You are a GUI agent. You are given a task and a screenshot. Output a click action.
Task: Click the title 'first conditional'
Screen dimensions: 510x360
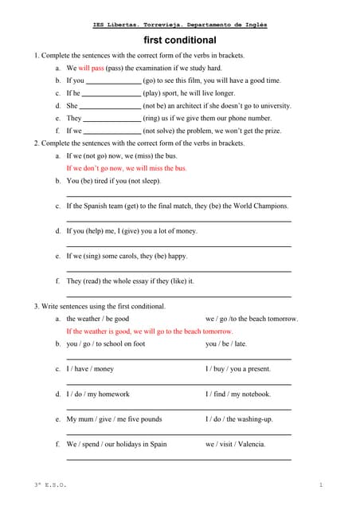(x=180, y=40)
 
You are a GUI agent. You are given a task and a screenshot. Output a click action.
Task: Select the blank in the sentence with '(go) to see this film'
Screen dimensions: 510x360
(x=112, y=81)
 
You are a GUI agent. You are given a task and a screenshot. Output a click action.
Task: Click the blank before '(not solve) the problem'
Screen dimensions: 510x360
(x=112, y=131)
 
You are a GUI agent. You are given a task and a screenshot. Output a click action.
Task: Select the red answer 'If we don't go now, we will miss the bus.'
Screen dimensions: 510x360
(x=127, y=169)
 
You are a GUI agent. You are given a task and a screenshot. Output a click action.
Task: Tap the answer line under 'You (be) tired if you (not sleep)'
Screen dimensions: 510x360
(x=178, y=195)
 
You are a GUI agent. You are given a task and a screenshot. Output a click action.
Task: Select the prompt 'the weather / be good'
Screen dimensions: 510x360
(x=98, y=319)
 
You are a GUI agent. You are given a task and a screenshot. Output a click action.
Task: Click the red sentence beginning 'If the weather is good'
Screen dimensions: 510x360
(x=150, y=331)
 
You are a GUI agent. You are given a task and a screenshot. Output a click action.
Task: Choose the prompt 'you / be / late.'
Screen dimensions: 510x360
(x=226, y=344)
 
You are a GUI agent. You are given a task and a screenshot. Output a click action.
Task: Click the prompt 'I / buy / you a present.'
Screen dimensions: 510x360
(x=238, y=369)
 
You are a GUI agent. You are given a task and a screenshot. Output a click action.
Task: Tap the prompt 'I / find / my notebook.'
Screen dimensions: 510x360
(x=238, y=394)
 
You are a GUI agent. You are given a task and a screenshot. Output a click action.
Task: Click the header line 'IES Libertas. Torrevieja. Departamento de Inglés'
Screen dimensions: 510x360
(x=180, y=25)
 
